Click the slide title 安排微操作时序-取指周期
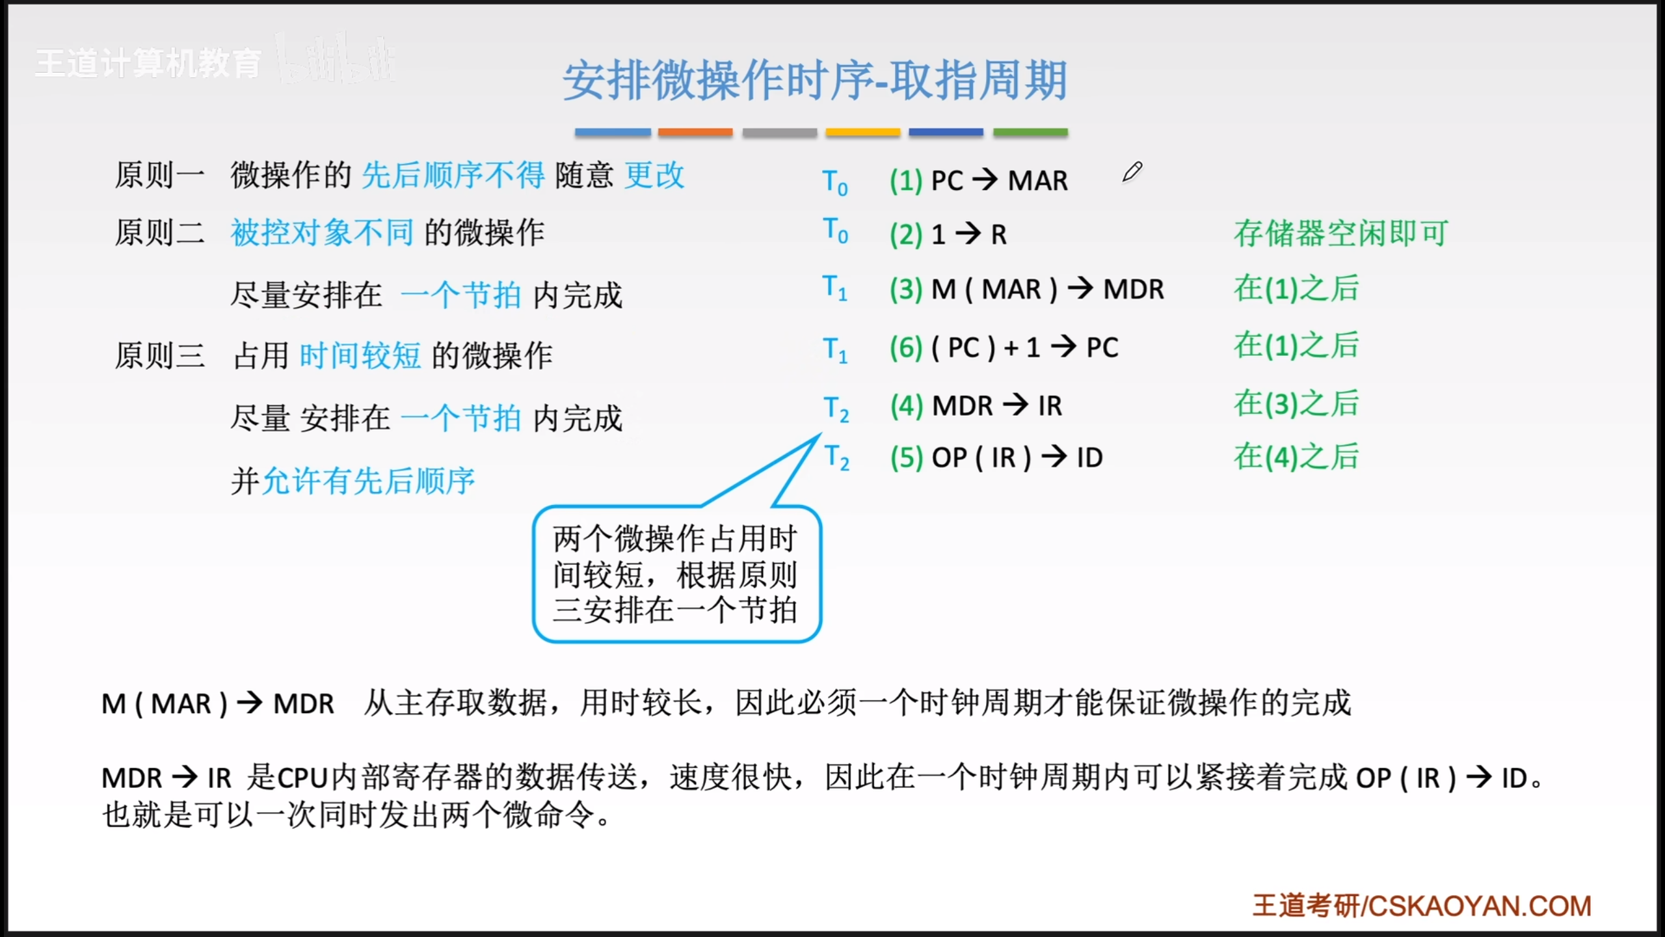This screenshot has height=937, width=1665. coord(815,81)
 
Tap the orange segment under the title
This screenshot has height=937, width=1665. coord(695,132)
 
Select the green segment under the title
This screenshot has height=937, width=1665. coord(1030,132)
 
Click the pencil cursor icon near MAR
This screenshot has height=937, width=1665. coord(1132,172)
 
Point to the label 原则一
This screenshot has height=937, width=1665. coord(159,175)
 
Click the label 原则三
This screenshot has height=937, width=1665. coord(159,355)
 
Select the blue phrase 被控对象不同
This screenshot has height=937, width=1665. coord(323,232)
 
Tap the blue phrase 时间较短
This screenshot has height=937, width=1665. coord(360,355)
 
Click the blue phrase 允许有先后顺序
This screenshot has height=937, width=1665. coord(368,481)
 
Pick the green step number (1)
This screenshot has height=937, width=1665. coord(907,180)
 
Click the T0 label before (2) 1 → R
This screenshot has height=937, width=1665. coord(835,230)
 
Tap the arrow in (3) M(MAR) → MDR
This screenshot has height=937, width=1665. coord(1080,288)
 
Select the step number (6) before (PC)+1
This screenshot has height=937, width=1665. coord(907,347)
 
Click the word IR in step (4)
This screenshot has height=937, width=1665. coord(1050,406)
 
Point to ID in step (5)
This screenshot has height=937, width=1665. coord(1089,457)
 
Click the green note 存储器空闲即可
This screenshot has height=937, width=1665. coord(1341,233)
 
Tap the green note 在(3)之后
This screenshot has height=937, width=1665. coord(1296,403)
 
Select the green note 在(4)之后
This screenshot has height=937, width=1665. coord(1296,456)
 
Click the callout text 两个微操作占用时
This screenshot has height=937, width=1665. coord(675,539)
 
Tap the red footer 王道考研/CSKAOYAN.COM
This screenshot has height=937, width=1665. coord(1422,906)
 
